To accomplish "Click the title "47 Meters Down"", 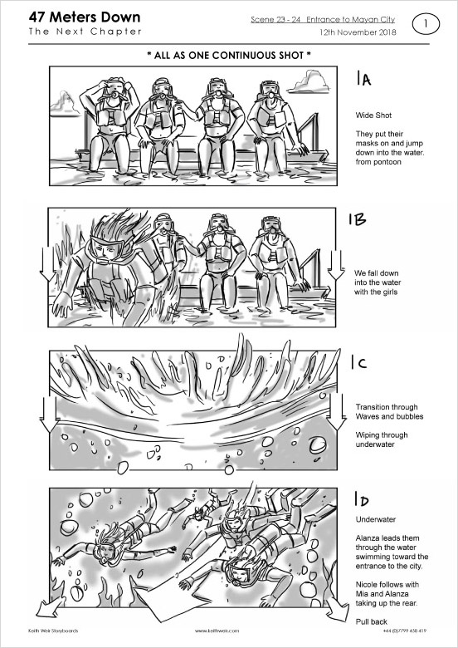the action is point(85,17).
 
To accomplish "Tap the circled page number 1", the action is point(426,24).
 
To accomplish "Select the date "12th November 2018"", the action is point(358,32).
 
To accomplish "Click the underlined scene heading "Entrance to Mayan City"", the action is point(350,19).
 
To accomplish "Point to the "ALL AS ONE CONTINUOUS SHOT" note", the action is point(229,55).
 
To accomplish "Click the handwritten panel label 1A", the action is point(363,78).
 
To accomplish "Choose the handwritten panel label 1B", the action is point(358,219).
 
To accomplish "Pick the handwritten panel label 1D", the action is point(361,498).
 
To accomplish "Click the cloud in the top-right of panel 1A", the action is point(309,82).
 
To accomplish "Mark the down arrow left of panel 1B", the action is point(47,264).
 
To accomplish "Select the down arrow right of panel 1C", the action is point(337,411).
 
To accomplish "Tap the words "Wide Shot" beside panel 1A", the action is point(373,115).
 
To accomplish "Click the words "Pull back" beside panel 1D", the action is point(372,621).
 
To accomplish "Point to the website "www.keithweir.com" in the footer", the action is point(217,631).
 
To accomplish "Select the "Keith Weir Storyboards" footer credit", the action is point(53,631).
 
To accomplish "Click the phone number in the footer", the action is point(404,631).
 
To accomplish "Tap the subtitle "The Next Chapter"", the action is point(85,32).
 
